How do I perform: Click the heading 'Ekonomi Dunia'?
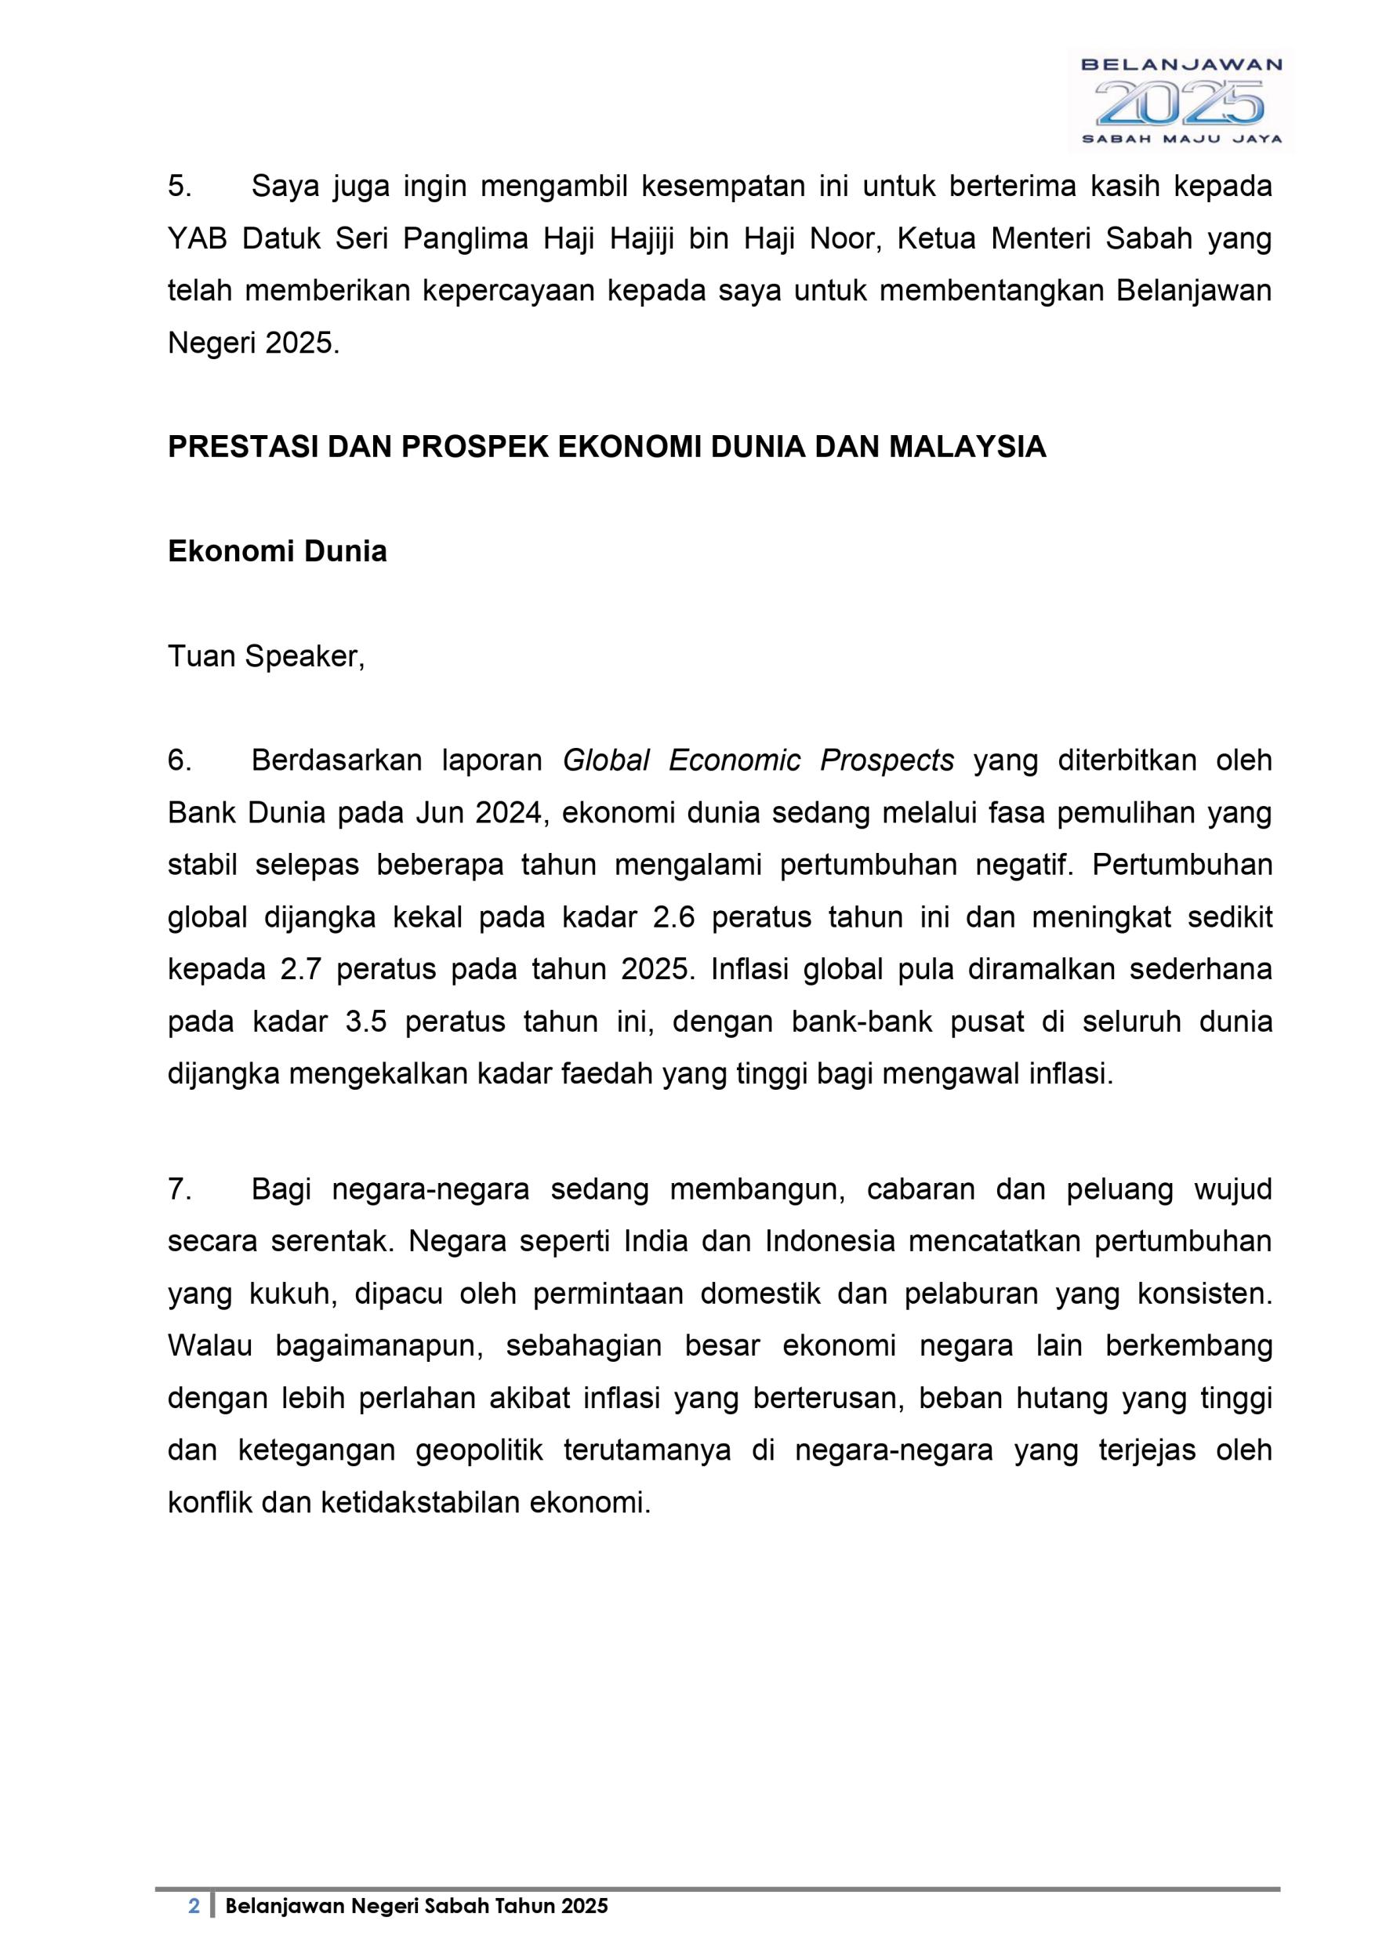click(x=278, y=551)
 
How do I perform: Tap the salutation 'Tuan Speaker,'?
click(x=267, y=656)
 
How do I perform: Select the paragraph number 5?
click(x=180, y=186)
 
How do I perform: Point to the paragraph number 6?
click(x=180, y=760)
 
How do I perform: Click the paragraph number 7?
click(x=180, y=1189)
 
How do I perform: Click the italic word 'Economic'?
click(x=734, y=760)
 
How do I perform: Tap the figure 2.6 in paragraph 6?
click(x=674, y=918)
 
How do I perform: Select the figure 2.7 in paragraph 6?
click(x=299, y=970)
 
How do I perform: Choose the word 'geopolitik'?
click(x=480, y=1450)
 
